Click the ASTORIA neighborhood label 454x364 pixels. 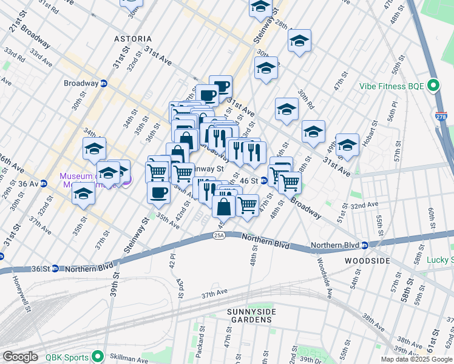tap(133, 39)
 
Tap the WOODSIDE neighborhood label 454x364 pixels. tap(367, 260)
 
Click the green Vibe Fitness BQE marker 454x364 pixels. tap(433, 86)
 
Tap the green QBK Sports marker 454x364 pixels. tap(97, 357)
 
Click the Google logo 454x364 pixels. tap(20, 357)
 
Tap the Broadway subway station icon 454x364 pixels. tap(104, 83)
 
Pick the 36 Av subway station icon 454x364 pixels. tap(44, 184)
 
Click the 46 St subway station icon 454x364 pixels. tap(264, 180)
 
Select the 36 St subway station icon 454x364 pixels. tap(55, 268)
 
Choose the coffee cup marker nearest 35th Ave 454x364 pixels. tap(159, 192)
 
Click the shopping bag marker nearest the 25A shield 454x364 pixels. tap(224, 206)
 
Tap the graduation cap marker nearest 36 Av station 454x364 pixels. tap(84, 194)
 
